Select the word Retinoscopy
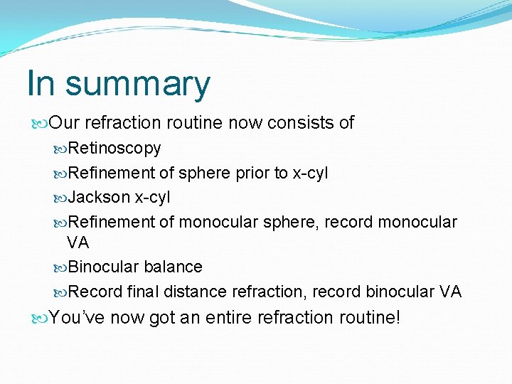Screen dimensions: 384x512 coord(114,149)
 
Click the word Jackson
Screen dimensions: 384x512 coord(100,197)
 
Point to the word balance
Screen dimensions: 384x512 coord(173,267)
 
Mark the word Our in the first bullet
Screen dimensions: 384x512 coord(65,122)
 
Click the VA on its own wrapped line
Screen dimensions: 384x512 coord(78,242)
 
